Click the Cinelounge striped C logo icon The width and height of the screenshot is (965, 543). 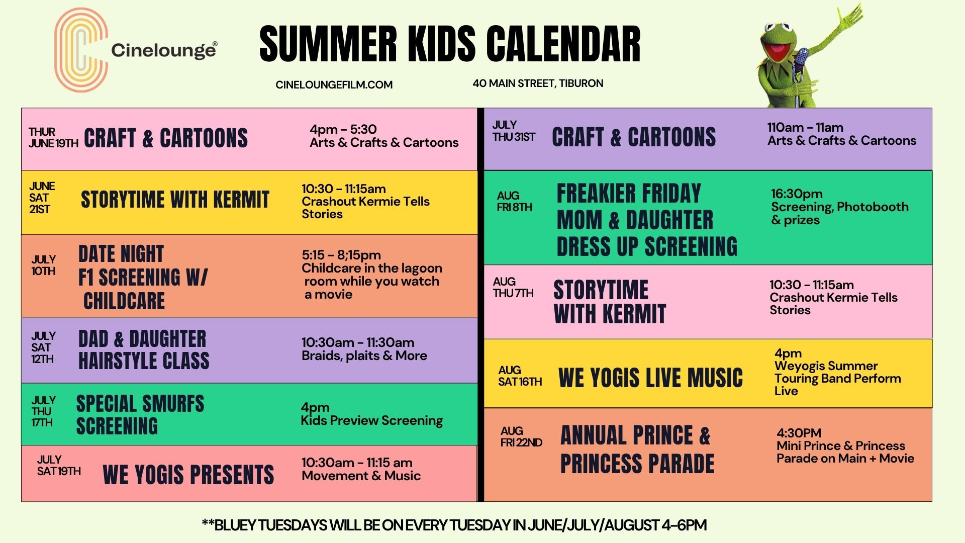pyautogui.click(x=80, y=50)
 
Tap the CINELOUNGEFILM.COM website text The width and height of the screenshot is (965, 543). pyautogui.click(x=334, y=85)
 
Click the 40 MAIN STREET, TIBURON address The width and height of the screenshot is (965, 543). pyautogui.click(x=538, y=83)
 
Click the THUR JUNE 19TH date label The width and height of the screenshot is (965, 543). pyautogui.click(x=53, y=138)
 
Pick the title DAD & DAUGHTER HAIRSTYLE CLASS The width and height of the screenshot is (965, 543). pyautogui.click(x=143, y=350)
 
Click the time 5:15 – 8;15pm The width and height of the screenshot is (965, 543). pyautogui.click(x=341, y=255)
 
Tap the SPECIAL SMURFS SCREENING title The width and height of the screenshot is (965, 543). pyautogui.click(x=140, y=415)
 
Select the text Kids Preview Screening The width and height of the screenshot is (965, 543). pyautogui.click(x=371, y=420)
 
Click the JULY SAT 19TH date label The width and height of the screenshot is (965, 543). pyautogui.click(x=58, y=466)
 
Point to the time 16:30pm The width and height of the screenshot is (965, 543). pyautogui.click(x=797, y=194)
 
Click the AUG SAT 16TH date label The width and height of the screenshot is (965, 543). pyautogui.click(x=520, y=376)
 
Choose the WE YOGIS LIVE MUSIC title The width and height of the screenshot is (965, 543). pyautogui.click(x=650, y=378)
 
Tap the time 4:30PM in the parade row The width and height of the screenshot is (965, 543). pyautogui.click(x=799, y=433)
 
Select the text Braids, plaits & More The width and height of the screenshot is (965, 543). pyautogui.click(x=364, y=356)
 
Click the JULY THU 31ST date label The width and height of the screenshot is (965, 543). pyautogui.click(x=514, y=131)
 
